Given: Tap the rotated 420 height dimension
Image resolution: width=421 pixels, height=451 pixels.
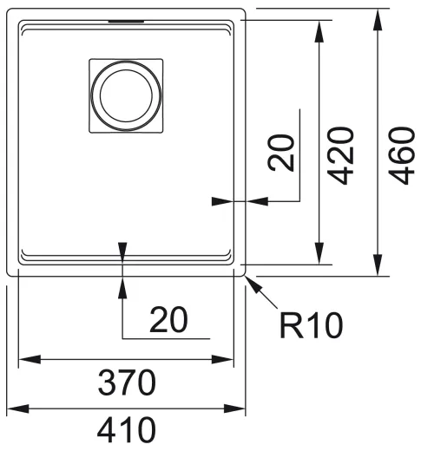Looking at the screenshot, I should point(344,156).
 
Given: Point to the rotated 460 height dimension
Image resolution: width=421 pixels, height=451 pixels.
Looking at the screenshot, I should point(398,156).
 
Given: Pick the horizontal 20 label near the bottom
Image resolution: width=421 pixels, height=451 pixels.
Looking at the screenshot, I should point(168,321).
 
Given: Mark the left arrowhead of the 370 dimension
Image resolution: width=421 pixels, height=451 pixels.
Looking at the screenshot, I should point(24,358).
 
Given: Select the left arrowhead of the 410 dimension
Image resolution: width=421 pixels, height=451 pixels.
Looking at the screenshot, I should point(12,408).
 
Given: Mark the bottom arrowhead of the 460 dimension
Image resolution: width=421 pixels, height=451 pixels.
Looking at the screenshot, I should point(378,266).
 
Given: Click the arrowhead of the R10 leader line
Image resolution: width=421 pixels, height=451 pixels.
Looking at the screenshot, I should point(251,278).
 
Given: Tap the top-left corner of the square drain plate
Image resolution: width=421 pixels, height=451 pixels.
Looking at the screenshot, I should point(90,58).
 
